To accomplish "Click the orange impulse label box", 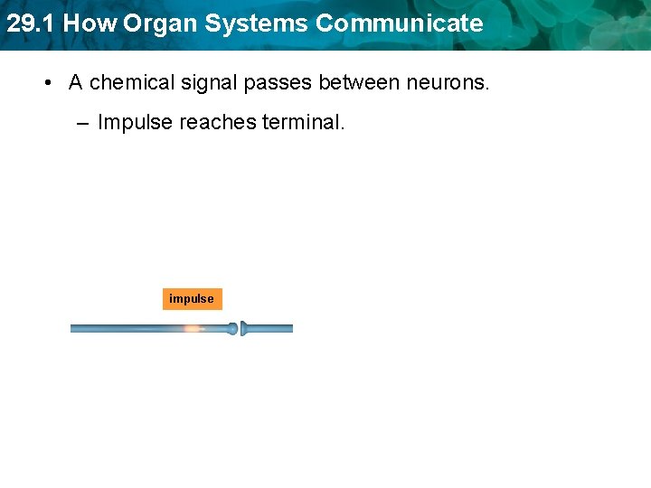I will pos(192,299).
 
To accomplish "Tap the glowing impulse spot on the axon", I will pos(192,329).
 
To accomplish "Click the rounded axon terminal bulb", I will pos(232,329).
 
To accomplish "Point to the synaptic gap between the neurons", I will pos(240,329).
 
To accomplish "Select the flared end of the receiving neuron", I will pos(245,329).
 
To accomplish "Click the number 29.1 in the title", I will pos(31,23).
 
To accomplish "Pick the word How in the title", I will pos(90,23).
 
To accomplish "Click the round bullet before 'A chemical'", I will pos(46,83).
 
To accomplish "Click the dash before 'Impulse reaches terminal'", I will pos(82,122).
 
